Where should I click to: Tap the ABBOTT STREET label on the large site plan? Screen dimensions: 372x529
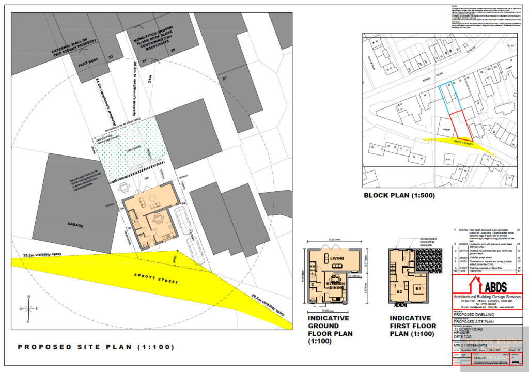[156, 280]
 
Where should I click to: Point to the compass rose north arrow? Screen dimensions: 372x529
[28, 308]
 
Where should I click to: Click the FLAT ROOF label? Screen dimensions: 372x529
[89, 66]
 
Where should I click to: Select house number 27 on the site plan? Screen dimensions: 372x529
[225, 78]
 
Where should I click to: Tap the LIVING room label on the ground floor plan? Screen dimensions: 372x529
[337, 258]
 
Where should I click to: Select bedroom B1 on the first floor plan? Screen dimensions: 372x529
[418, 288]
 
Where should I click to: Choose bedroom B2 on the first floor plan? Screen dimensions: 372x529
[399, 292]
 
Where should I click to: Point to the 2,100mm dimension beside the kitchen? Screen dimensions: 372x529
[355, 276]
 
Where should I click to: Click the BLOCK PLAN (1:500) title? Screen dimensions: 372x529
[399, 196]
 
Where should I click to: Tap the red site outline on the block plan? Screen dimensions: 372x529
[460, 125]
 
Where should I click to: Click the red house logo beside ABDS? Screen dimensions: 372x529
[470, 285]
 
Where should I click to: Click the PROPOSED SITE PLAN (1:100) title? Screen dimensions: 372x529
[96, 347]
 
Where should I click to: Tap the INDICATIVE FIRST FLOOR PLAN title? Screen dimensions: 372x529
[413, 326]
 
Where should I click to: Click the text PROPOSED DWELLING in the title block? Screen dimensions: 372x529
[473, 314]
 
